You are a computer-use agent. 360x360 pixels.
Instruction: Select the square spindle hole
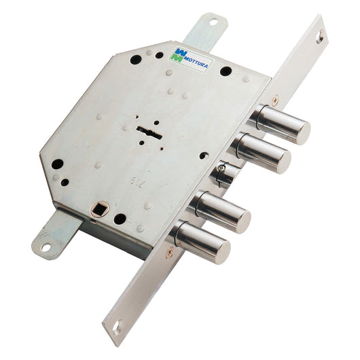pos(96,210)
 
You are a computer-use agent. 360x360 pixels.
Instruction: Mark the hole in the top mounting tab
pos(212,22)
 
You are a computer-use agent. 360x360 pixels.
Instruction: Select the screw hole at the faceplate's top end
pos(319,40)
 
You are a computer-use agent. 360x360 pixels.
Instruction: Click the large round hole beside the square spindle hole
pos(120,219)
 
